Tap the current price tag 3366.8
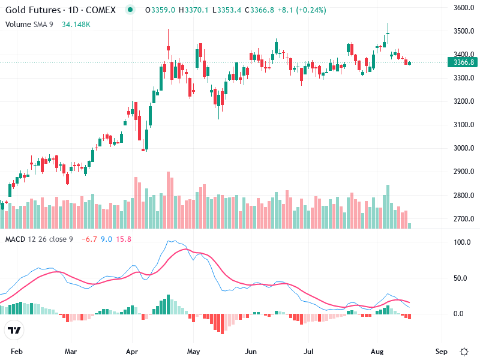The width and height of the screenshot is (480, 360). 464,62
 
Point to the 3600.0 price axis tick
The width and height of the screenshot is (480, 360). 464,8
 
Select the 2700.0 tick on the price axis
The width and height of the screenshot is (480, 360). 464,219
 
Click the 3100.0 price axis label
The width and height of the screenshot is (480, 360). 464,125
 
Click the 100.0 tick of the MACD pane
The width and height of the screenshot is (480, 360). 461,242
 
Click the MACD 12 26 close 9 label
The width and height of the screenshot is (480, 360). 39,239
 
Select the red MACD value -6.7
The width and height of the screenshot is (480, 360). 88,239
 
